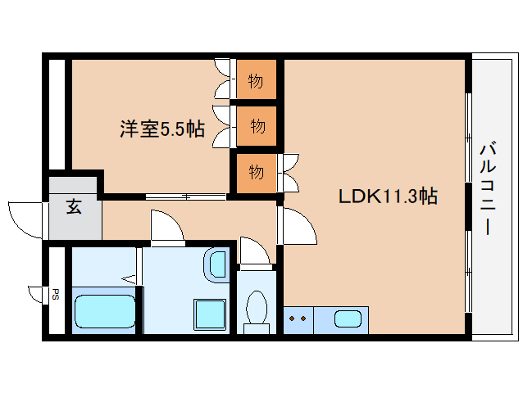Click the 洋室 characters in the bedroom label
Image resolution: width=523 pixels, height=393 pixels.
138,129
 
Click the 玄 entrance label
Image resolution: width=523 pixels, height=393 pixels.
74,207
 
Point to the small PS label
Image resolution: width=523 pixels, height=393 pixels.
56,295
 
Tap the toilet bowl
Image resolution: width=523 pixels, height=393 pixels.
257,309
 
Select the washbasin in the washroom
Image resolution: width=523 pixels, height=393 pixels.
216,263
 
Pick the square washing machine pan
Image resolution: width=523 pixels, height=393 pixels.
209,314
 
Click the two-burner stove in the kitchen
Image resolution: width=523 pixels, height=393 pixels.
298,318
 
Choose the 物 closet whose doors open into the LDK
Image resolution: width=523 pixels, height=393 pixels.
257,172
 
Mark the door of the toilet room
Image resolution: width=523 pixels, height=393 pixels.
253,251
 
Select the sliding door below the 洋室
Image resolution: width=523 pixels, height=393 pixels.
186,196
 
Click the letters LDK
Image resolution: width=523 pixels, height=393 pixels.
358,196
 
